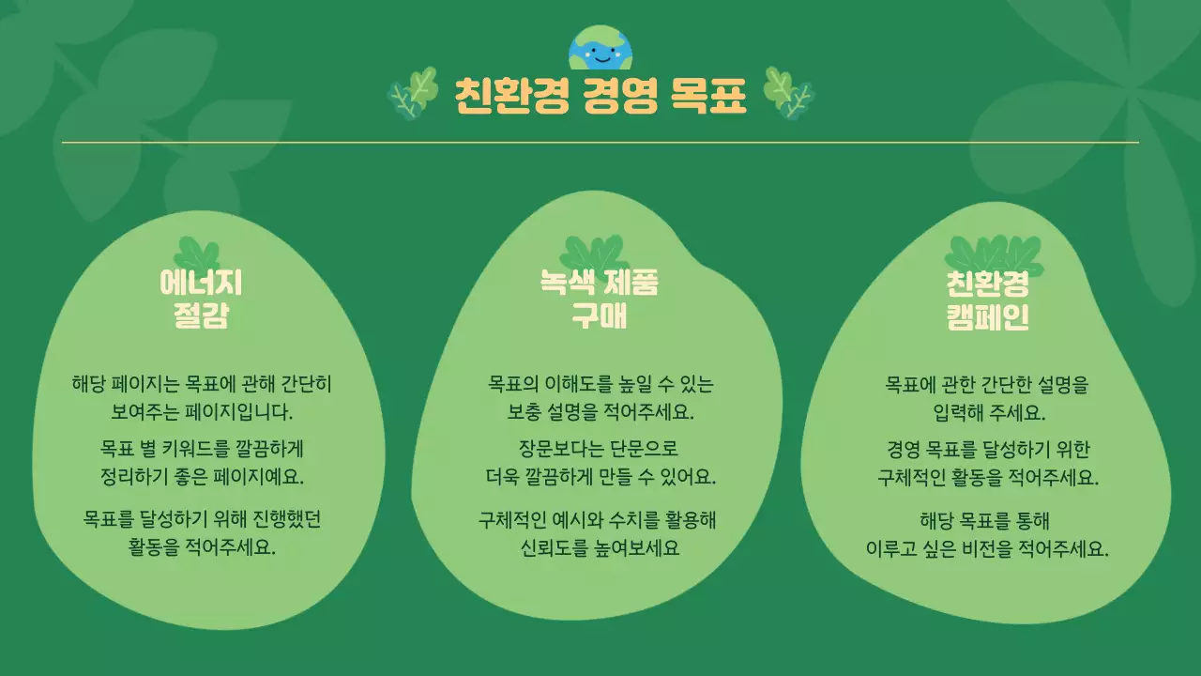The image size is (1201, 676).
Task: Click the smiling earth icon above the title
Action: tap(600, 48)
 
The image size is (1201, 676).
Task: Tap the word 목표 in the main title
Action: tap(708, 95)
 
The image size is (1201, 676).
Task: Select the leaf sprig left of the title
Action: tap(414, 93)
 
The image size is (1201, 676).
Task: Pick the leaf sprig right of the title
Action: tap(788, 93)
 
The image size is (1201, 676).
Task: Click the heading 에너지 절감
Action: tap(201, 300)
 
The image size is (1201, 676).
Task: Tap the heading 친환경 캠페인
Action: tap(987, 300)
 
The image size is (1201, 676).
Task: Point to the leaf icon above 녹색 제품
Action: tap(594, 252)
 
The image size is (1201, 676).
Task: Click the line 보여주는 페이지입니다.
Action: tap(202, 411)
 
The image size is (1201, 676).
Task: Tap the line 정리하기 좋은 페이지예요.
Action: tap(202, 475)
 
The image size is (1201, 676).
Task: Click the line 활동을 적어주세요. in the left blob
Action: tap(202, 546)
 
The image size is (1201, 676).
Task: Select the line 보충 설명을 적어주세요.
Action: tap(600, 411)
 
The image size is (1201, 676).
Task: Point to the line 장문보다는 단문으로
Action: tap(599, 448)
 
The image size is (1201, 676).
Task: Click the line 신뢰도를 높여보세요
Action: tap(600, 547)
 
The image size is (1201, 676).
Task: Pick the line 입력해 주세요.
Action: tap(989, 412)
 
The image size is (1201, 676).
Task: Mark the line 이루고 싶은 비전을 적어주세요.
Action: tap(987, 549)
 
